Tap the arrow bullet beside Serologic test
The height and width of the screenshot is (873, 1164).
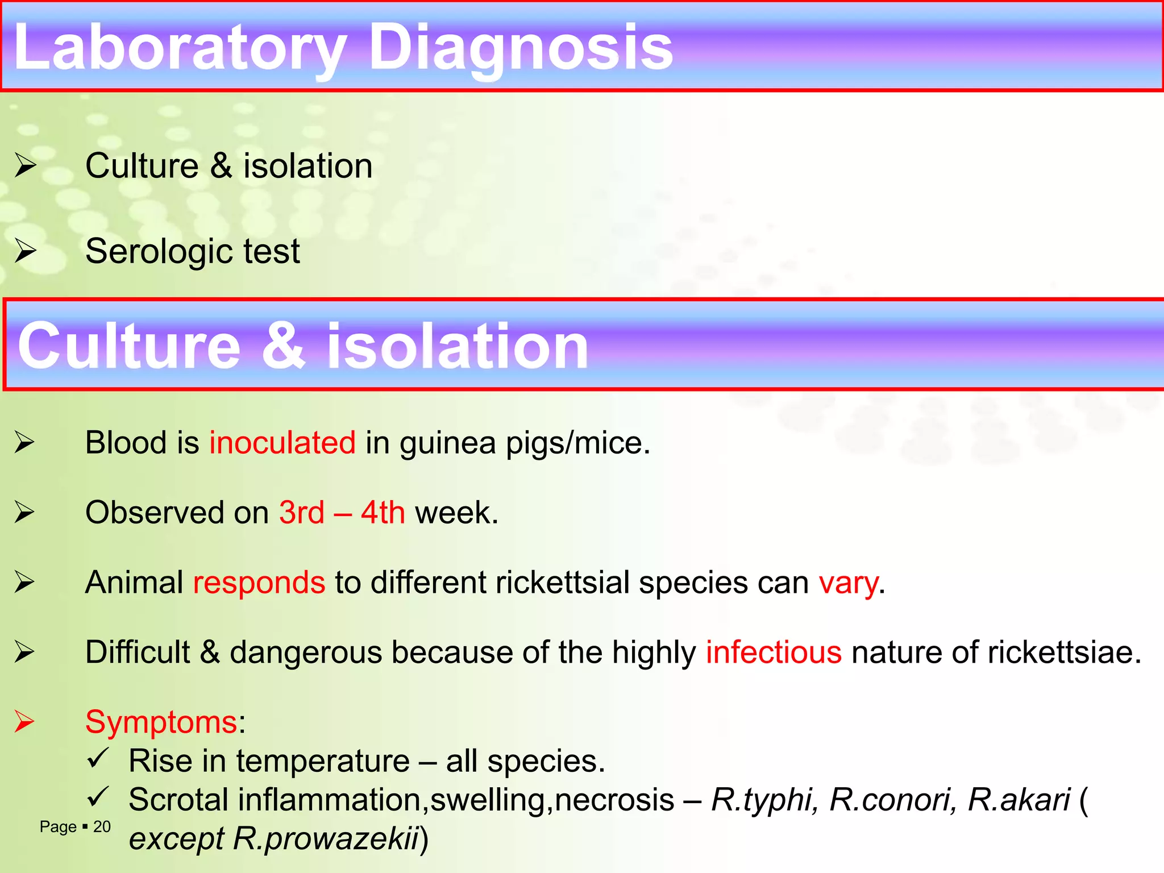point(25,251)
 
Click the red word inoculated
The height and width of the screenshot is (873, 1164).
point(282,443)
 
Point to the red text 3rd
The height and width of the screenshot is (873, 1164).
point(301,513)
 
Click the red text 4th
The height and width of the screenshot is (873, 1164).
point(383,513)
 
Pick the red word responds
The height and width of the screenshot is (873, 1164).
point(259,583)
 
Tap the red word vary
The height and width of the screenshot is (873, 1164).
point(848,583)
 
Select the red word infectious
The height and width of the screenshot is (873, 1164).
point(773,652)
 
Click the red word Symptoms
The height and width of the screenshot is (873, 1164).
point(161,722)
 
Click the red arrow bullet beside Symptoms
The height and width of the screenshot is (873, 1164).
point(24,722)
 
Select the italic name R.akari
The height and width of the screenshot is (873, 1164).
point(1018,800)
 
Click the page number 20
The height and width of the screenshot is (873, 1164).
point(102,827)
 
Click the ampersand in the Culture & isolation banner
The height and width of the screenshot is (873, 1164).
point(282,346)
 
